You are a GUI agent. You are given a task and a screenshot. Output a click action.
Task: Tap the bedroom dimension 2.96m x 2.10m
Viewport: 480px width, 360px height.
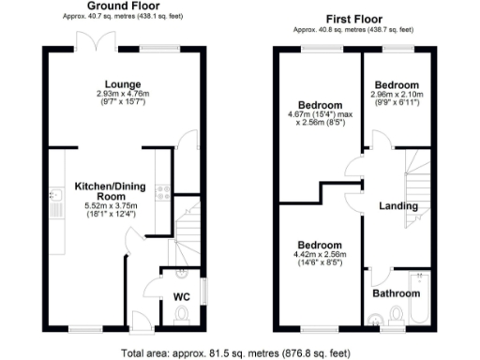point(397,94)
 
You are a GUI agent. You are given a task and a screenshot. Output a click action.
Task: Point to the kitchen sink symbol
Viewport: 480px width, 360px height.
point(56,200)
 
